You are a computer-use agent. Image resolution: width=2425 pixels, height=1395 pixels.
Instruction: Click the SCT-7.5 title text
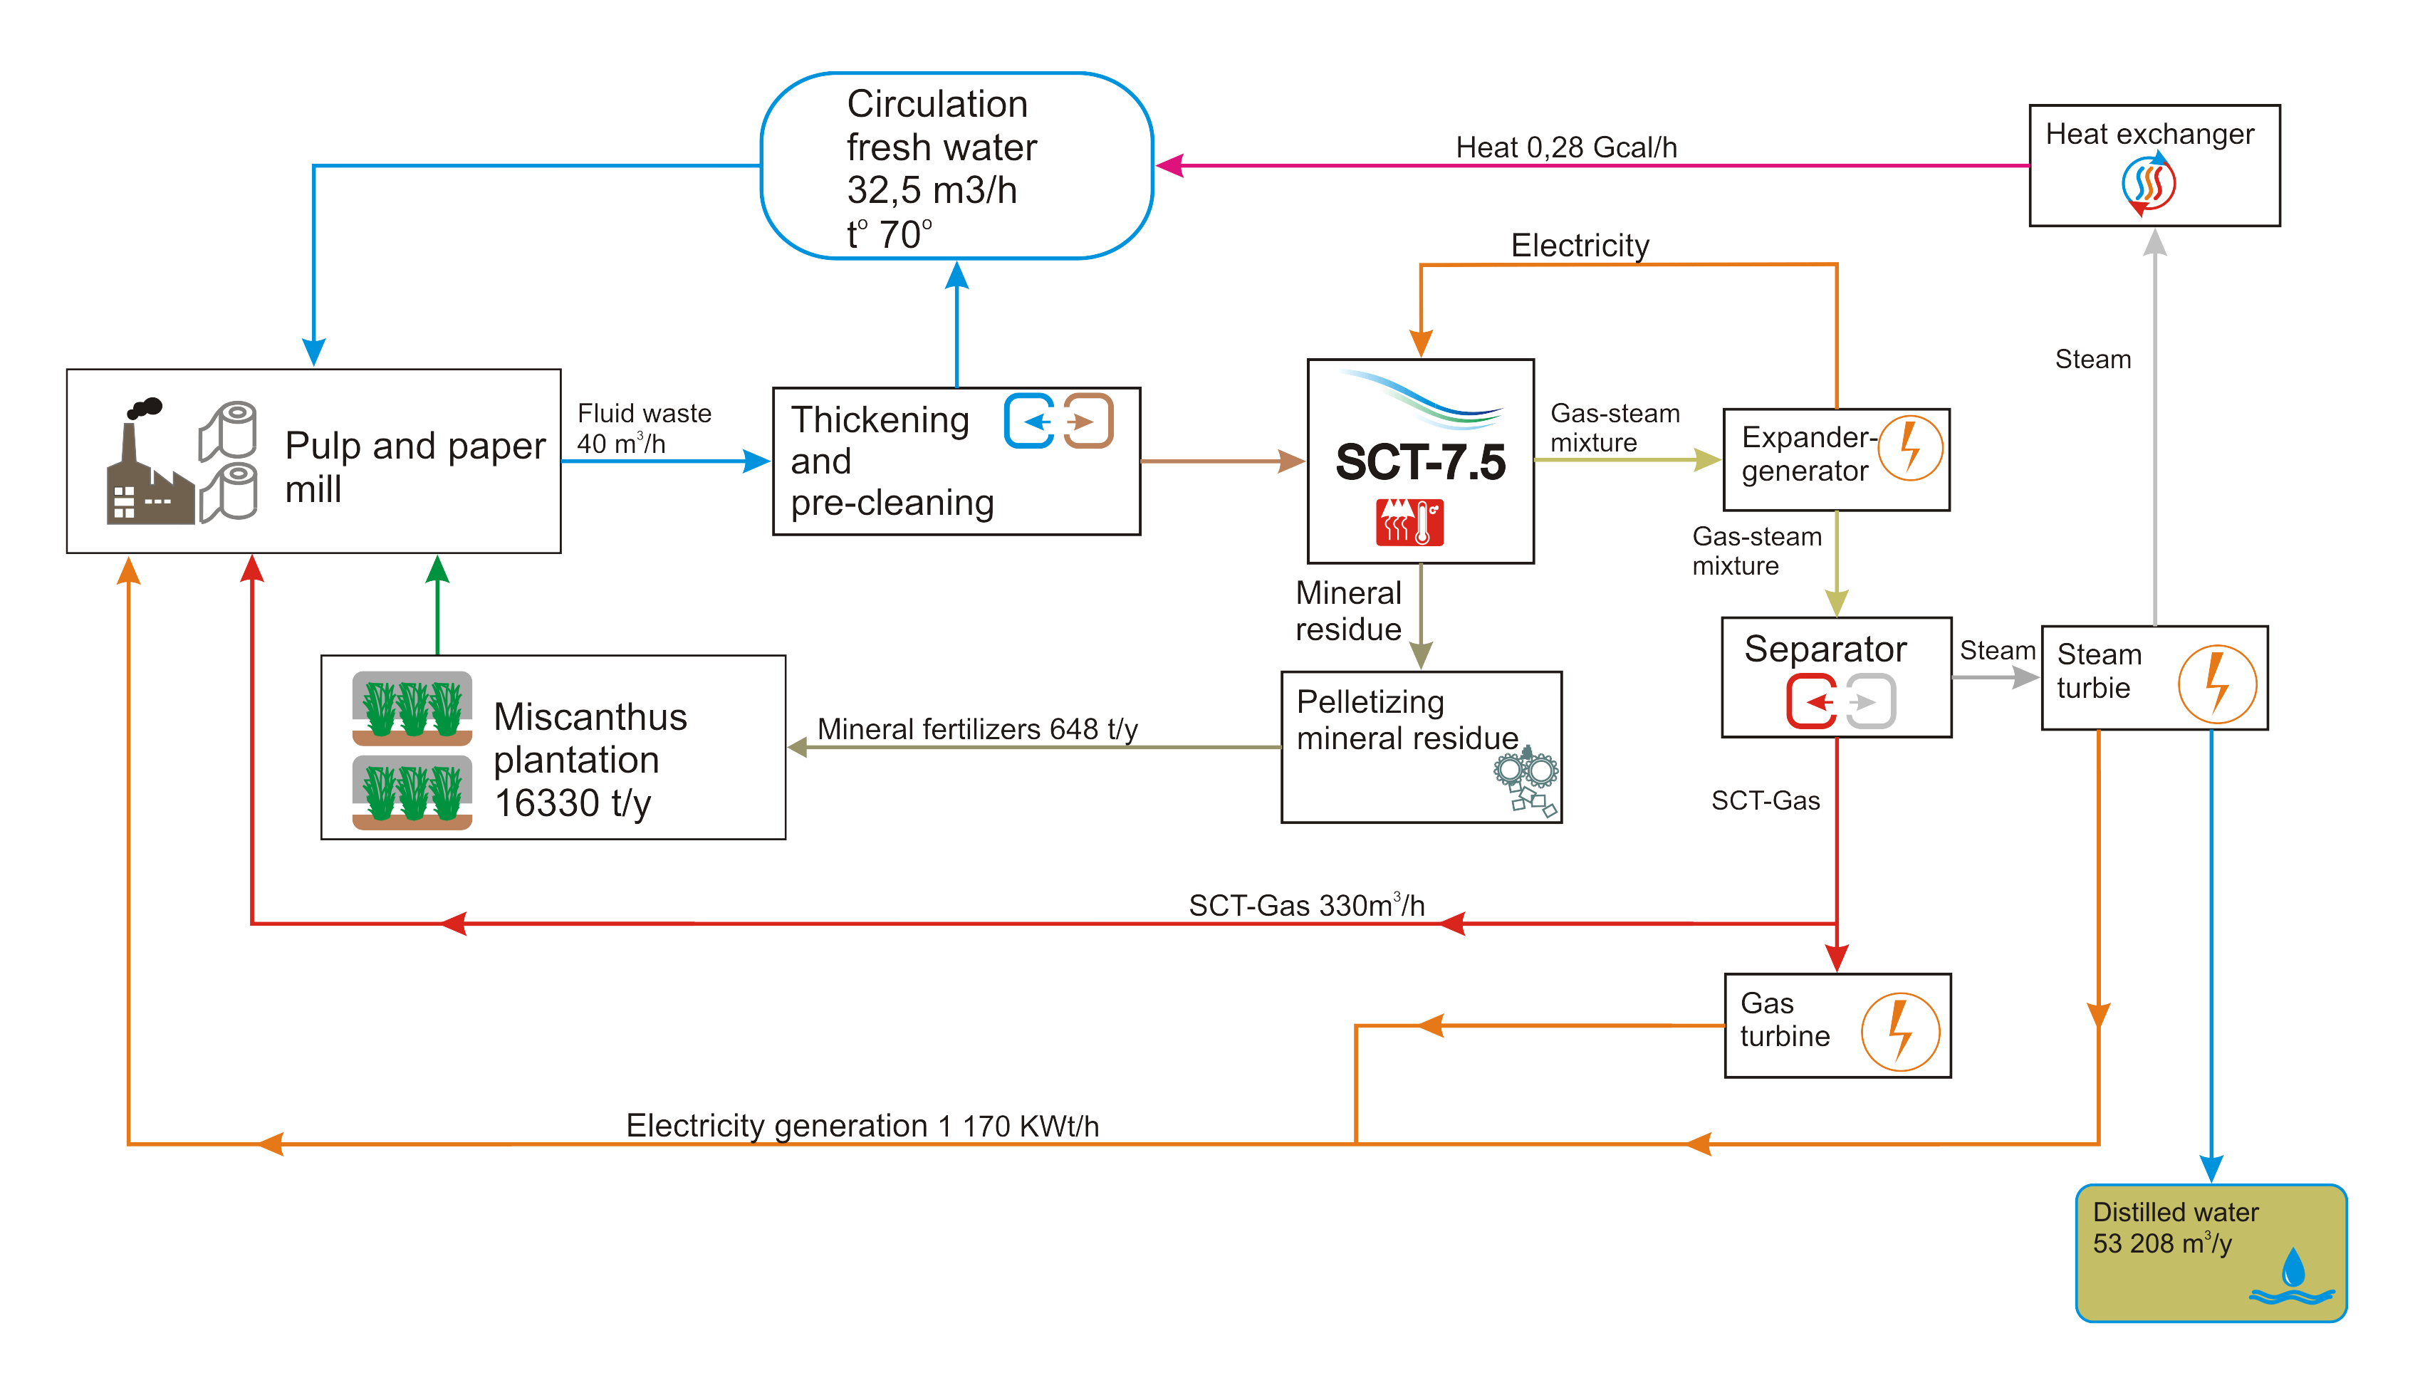(x=1420, y=462)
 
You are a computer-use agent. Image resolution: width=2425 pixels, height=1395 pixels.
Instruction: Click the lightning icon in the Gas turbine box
(x=1900, y=1032)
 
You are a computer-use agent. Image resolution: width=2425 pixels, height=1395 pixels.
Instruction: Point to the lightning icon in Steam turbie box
(x=2216, y=684)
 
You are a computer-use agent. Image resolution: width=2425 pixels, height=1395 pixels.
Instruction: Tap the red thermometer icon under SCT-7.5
(x=1409, y=522)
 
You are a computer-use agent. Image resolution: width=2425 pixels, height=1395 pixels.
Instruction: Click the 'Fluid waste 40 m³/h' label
(x=643, y=428)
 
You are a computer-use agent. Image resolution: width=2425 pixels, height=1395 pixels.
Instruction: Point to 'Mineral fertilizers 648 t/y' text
(x=976, y=729)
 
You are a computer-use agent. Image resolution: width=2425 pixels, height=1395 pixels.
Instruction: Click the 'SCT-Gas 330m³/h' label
(x=1306, y=905)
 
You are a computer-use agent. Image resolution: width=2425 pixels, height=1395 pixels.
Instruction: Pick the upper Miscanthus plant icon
(x=412, y=709)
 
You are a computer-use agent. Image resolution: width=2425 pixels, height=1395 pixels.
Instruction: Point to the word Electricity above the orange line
(x=1579, y=245)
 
